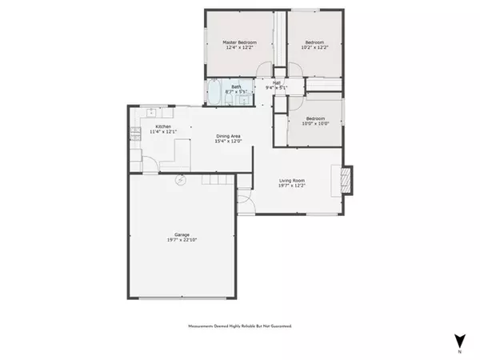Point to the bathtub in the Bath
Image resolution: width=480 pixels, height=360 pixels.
(216, 92)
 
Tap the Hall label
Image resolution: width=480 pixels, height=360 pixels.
(276, 82)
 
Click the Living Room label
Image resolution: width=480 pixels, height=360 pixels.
(292, 182)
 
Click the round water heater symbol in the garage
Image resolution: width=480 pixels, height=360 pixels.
(182, 180)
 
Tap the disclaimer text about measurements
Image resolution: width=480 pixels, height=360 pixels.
(240, 326)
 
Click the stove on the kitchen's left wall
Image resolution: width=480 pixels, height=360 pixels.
(134, 135)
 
